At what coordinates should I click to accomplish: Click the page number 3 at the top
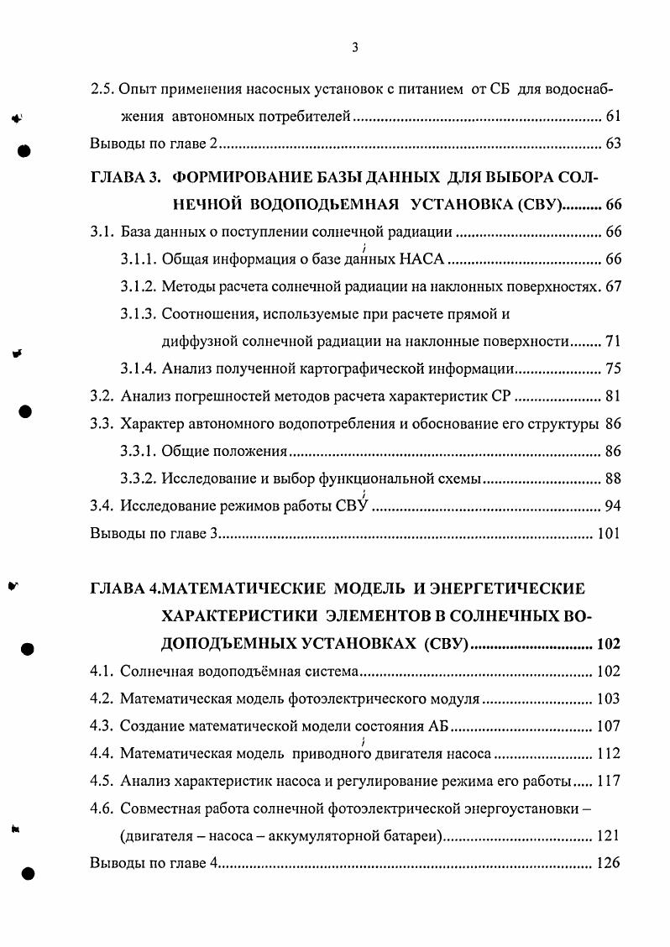[355, 48]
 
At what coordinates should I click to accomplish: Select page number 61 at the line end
[612, 117]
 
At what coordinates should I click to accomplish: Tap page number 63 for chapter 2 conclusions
[612, 144]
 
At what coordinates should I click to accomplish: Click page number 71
[612, 342]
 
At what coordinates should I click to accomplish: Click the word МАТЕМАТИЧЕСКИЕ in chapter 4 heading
[239, 588]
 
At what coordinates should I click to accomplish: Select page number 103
[606, 698]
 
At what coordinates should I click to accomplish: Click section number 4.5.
[102, 781]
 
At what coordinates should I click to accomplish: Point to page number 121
[606, 836]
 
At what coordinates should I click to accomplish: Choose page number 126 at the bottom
[606, 863]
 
